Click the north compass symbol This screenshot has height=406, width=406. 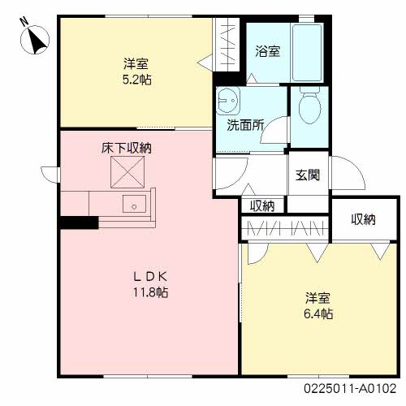[35, 40]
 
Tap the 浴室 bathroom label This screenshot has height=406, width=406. [267, 51]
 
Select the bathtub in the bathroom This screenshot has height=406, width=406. [308, 53]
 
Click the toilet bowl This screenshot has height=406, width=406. [309, 106]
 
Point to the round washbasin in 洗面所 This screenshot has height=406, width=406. [228, 100]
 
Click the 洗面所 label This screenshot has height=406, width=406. [245, 125]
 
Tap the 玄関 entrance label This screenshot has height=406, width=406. [308, 175]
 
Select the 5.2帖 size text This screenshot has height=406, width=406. [137, 80]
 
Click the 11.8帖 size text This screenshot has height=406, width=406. [150, 292]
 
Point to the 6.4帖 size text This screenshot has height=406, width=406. [318, 313]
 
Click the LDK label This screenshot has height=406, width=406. [150, 276]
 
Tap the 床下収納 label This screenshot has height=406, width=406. [127, 148]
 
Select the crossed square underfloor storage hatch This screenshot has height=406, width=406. [127, 172]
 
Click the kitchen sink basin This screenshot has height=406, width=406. [134, 204]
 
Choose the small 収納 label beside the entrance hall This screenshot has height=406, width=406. [262, 206]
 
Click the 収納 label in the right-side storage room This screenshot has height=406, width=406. [364, 219]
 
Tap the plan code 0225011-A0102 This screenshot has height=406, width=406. [350, 389]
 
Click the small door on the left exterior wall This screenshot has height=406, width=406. [50, 175]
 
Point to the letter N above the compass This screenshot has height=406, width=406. [24, 21]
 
